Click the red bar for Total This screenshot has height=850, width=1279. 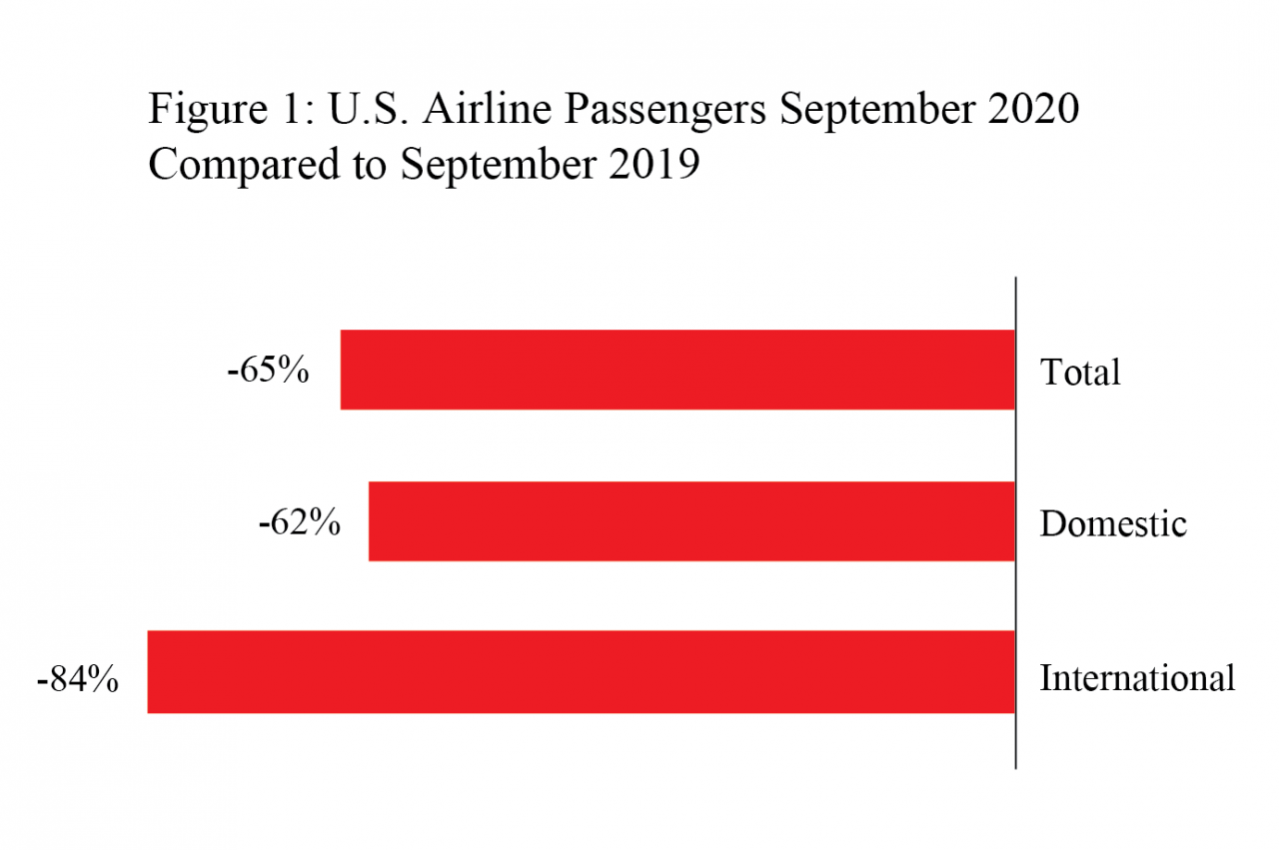[x=677, y=370]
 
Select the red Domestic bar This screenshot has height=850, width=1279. [x=691, y=521]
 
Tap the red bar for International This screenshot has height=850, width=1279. [x=581, y=672]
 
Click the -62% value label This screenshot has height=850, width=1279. [x=298, y=522]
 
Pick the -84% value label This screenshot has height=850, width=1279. [x=77, y=680]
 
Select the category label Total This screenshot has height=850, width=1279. [x=1080, y=373]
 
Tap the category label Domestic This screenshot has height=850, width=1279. [x=1113, y=523]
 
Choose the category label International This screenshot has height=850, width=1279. [x=1137, y=678]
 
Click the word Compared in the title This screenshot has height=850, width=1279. [x=243, y=164]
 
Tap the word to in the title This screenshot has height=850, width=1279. [x=369, y=165]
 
